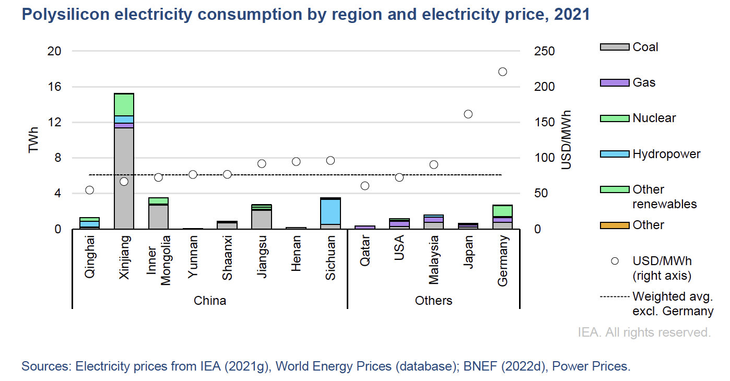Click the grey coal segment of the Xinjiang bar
click(x=124, y=177)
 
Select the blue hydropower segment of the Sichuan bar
click(x=331, y=211)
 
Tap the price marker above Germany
click(x=502, y=72)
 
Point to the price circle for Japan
click(x=468, y=114)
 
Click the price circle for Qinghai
click(x=89, y=190)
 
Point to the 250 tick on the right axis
click(x=545, y=51)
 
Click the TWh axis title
click(x=34, y=140)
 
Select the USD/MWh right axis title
click(x=567, y=140)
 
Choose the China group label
click(x=210, y=301)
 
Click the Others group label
click(x=433, y=301)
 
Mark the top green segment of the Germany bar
click(x=502, y=210)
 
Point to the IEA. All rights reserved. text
click(x=644, y=332)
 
